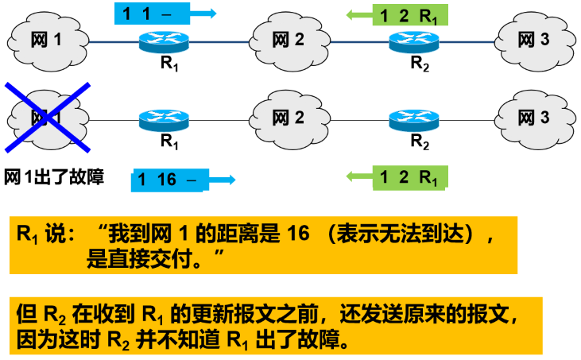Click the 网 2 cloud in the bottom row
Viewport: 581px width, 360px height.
pos(288,118)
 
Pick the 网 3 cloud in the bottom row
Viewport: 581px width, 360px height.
pos(533,118)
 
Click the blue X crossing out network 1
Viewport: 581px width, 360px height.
pos(48,116)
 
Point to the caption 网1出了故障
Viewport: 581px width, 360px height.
pos(55,176)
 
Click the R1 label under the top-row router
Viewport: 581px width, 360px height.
pos(169,65)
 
